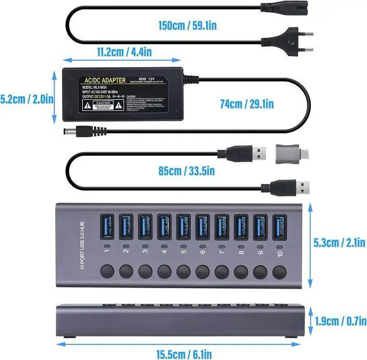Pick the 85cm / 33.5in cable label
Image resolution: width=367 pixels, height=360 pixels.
pyautogui.click(x=186, y=170)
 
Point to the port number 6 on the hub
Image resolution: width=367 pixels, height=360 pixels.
pyautogui.click(x=202, y=251)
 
